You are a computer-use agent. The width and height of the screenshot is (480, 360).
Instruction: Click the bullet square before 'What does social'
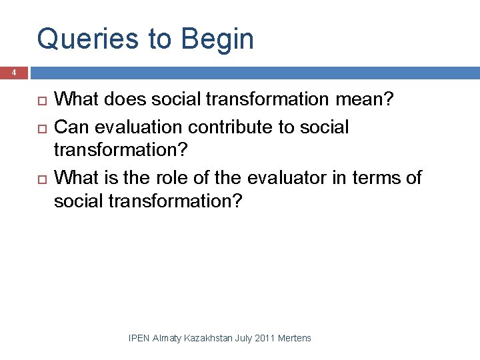pos(39,100)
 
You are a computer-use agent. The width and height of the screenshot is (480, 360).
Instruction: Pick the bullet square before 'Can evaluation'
pos(39,127)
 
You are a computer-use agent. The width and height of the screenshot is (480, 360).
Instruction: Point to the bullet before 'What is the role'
pos(39,178)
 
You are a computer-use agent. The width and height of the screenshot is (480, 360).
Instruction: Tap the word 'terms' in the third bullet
pos(377,177)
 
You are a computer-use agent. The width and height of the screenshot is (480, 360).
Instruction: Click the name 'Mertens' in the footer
pos(294,338)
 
